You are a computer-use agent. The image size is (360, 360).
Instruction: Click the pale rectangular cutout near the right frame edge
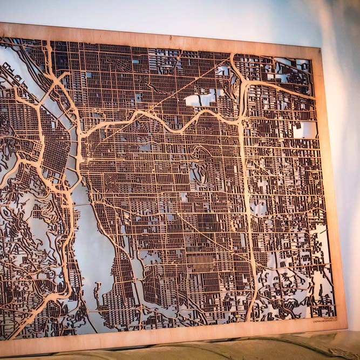[x=305, y=130]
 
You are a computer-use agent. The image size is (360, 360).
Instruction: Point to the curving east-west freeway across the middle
[x=162, y=121]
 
